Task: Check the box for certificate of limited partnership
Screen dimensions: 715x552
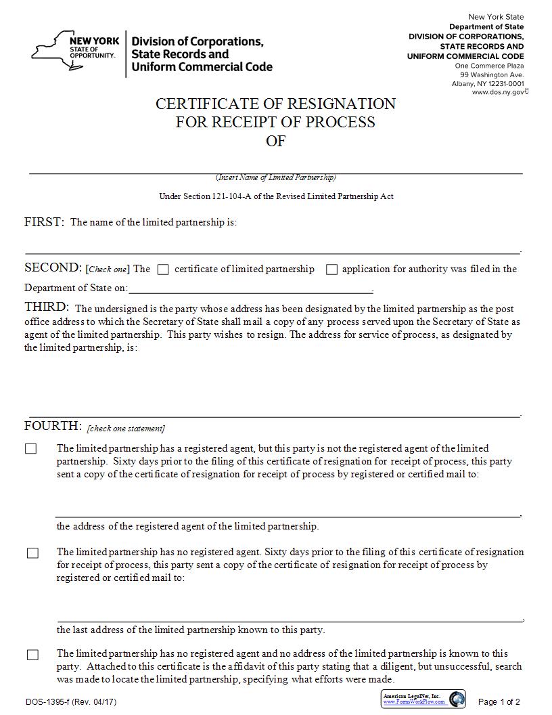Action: (x=162, y=269)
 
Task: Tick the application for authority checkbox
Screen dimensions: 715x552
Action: (x=331, y=269)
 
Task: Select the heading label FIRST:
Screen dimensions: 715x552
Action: (x=45, y=222)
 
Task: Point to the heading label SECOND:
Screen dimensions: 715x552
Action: (x=53, y=268)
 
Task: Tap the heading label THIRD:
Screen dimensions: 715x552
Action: (x=47, y=307)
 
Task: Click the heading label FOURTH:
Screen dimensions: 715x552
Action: (x=53, y=426)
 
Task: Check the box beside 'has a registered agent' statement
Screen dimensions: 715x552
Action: (x=31, y=449)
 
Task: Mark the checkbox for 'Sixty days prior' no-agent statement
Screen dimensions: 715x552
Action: (x=32, y=553)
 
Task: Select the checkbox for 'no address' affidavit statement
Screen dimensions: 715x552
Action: (x=32, y=655)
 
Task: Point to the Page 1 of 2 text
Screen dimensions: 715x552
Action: (x=499, y=702)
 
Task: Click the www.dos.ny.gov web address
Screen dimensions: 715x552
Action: (x=499, y=92)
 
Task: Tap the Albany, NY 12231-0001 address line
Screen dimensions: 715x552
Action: (x=488, y=83)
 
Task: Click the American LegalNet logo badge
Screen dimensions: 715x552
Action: (x=423, y=699)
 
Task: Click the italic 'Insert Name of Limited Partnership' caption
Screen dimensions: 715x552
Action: (x=275, y=177)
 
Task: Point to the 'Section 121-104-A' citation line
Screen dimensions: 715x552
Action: (x=276, y=196)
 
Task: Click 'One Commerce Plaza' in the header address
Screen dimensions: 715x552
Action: (x=489, y=66)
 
